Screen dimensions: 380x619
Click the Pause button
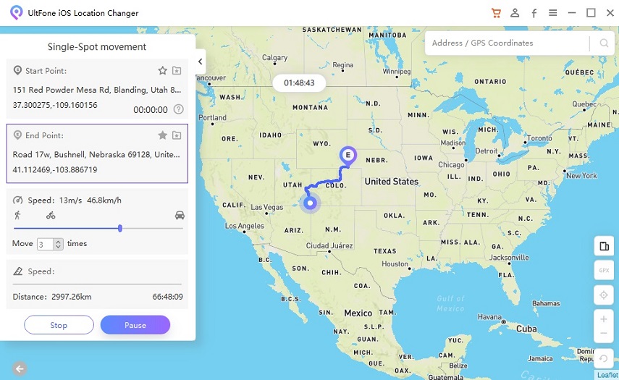pyautogui.click(x=135, y=325)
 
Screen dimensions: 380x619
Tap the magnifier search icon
pyautogui.click(x=604, y=43)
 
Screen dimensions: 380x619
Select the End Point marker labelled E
pyautogui.click(x=348, y=155)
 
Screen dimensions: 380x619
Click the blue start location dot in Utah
pyautogui.click(x=310, y=203)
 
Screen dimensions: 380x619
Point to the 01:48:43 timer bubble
pyautogui.click(x=299, y=83)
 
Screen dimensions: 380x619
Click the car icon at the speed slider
pyautogui.click(x=180, y=215)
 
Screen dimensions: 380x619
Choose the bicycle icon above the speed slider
pyautogui.click(x=51, y=215)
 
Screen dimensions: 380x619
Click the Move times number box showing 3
pyautogui.click(x=46, y=245)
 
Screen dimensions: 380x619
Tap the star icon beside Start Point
pyautogui.click(x=163, y=71)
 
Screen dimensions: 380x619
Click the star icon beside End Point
pyautogui.click(x=163, y=135)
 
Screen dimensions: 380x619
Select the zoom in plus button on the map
pyautogui.click(x=604, y=318)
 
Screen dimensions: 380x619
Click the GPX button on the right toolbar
pyautogui.click(x=604, y=271)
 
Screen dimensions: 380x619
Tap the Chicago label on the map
pyautogui.click(x=451, y=165)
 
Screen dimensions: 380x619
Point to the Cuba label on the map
pyautogui.click(x=526, y=329)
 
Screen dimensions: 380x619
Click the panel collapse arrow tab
pyautogui.click(x=201, y=62)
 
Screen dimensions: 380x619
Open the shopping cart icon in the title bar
pyautogui.click(x=496, y=13)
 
